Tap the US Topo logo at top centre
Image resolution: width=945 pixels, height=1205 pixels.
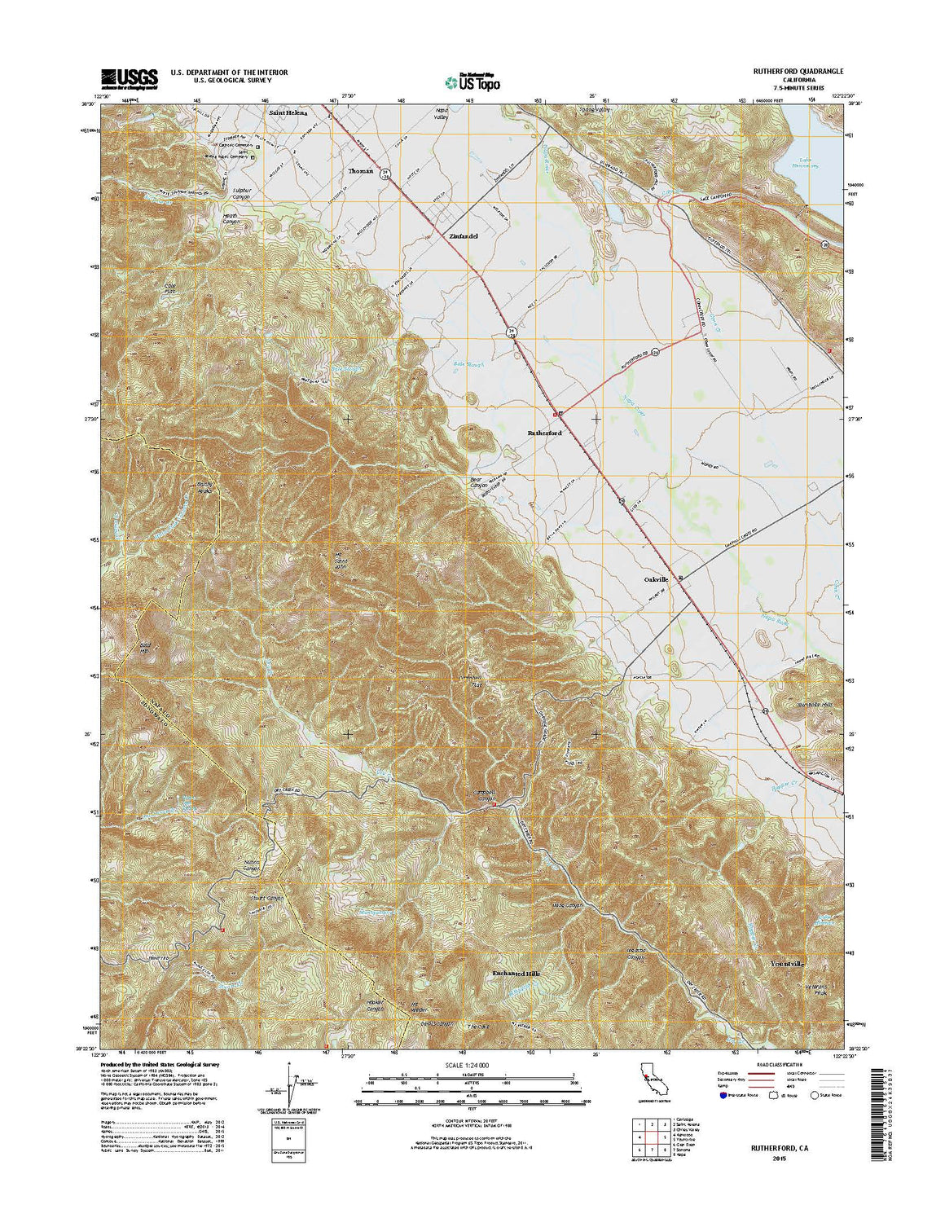click(472, 81)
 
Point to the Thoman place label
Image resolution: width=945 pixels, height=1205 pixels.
click(360, 171)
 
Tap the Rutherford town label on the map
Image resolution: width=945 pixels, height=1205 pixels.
click(544, 433)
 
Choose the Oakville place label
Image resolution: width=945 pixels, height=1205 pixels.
click(656, 578)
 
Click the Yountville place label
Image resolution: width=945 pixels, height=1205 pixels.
click(787, 964)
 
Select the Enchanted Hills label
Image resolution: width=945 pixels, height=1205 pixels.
click(516, 974)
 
